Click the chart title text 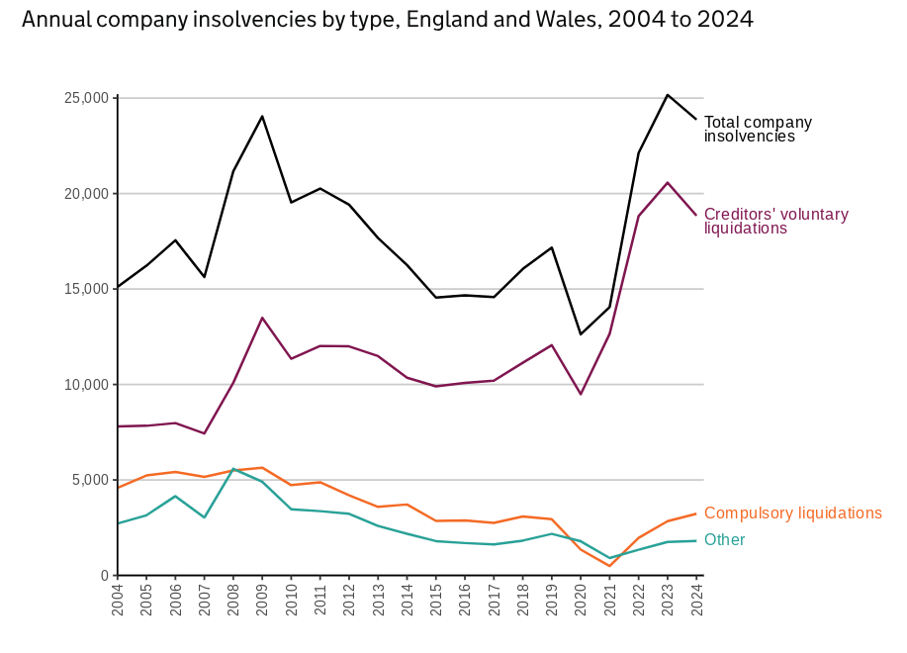point(387,20)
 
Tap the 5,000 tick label point(90,480)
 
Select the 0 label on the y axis point(103,576)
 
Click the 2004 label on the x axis point(118,601)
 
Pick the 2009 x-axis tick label point(262,601)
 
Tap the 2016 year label point(465,601)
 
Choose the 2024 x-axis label point(696,601)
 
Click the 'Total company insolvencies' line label point(758,130)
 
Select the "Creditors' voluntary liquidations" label point(775,221)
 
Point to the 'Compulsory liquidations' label point(792,513)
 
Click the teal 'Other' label point(724,540)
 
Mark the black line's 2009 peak point(262,116)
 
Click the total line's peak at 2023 point(668,95)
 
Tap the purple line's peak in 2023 point(668,182)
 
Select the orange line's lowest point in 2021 point(609,566)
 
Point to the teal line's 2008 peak point(233,469)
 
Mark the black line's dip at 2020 point(581,334)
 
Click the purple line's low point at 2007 point(204,433)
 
